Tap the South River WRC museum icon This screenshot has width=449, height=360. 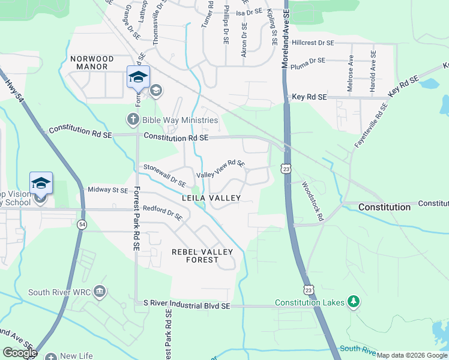pyautogui.click(x=100, y=292)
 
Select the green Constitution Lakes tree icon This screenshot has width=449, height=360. pyautogui.click(x=354, y=302)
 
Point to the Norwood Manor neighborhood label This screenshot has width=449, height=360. pyautogui.click(x=92, y=59)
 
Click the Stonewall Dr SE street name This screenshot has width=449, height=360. pyautogui.click(x=164, y=175)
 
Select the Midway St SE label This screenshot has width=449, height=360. pyautogui.click(x=108, y=190)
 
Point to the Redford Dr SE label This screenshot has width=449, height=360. pyautogui.click(x=163, y=213)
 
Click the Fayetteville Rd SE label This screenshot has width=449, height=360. pyautogui.click(x=371, y=125)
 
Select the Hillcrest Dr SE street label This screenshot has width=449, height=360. pyautogui.click(x=313, y=43)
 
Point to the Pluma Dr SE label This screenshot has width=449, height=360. pyautogui.click(x=307, y=61)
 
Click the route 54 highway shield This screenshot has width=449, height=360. pyautogui.click(x=82, y=224)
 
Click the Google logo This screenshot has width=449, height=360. pyautogui.click(x=20, y=353)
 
